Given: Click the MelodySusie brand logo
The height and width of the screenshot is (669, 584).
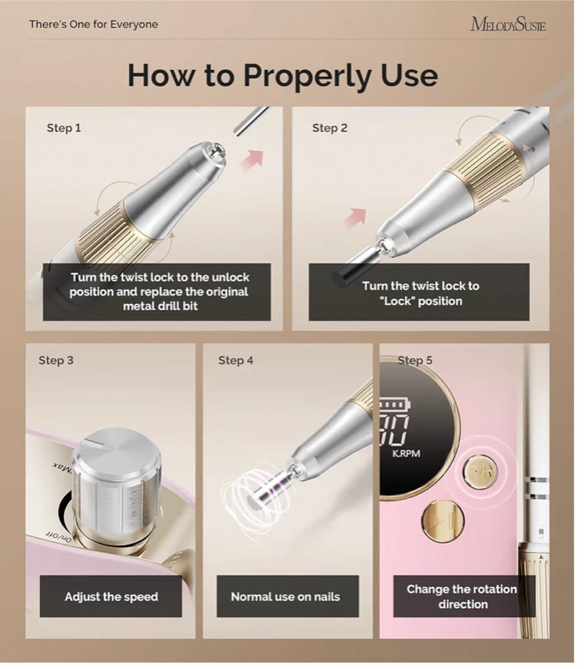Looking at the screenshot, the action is click(508, 24).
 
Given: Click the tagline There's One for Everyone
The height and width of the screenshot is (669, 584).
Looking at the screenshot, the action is click(93, 24).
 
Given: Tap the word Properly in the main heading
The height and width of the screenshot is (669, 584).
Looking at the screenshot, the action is click(307, 77).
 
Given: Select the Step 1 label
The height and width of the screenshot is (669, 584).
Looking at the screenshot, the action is click(64, 128).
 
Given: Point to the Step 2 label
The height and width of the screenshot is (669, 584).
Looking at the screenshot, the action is click(330, 128).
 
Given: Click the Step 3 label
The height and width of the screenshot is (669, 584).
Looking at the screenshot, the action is click(56, 360).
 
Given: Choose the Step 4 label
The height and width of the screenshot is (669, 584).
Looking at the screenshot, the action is click(235, 360).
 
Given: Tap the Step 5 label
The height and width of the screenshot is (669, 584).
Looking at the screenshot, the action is click(415, 360).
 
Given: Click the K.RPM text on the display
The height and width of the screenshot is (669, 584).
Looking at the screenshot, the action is click(406, 453).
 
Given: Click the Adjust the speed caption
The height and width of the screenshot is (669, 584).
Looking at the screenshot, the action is click(111, 597).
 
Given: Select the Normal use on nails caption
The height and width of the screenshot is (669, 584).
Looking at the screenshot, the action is click(286, 597).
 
